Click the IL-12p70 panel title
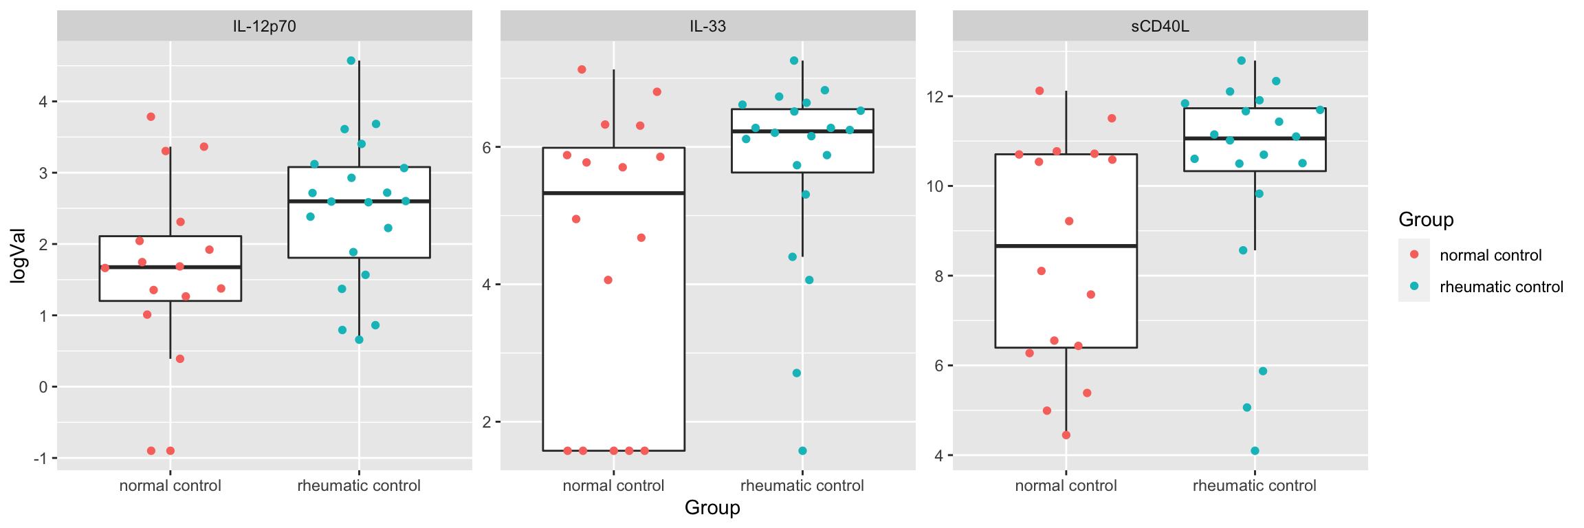coord(264,27)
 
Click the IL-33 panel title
coord(707,27)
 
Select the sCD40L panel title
coord(1160,27)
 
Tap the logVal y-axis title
coord(19,256)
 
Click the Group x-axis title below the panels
coord(712,508)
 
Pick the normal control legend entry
coord(1490,255)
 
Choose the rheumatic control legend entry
coord(1501,287)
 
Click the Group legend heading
coord(1426,220)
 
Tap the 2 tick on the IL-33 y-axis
coord(487,422)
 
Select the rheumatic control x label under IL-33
coord(802,486)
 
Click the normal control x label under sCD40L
coord(1066,486)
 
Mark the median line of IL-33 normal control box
coord(613,193)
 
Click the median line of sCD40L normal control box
coord(1066,245)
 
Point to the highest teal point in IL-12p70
coord(351,60)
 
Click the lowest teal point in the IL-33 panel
coord(802,451)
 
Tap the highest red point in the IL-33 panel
coord(582,69)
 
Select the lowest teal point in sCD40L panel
coord(1255,451)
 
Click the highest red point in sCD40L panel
coord(1039,91)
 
